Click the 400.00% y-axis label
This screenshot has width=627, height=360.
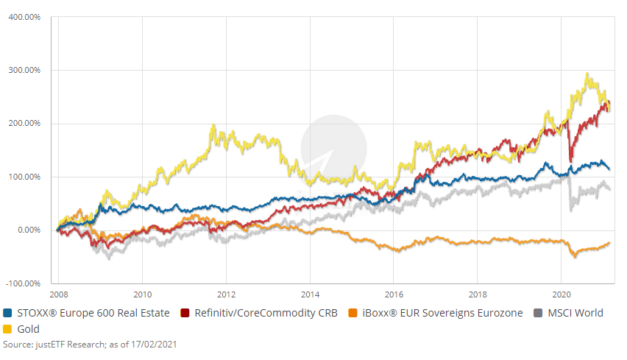pos(25,17)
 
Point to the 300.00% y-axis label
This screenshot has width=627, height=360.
pos(25,71)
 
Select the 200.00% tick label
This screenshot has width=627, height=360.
pos(25,124)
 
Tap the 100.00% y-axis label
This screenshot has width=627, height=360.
pos(25,177)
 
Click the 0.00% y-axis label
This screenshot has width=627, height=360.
pos(27,230)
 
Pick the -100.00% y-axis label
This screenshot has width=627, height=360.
pos(24,283)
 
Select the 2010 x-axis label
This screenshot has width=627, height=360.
pos(143,290)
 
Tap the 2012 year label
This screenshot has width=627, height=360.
pos(226,290)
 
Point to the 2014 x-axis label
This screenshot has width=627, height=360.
pos(310,290)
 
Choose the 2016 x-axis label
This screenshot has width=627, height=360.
pos(394,290)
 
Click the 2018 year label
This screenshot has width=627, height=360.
pos(478,290)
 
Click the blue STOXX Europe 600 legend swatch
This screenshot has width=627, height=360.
pos(7,313)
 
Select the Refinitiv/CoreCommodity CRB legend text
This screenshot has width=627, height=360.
pos(265,313)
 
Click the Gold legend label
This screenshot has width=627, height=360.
pos(29,328)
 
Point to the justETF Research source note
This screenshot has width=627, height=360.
pos(91,344)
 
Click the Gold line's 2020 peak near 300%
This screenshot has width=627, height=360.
pos(587,74)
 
